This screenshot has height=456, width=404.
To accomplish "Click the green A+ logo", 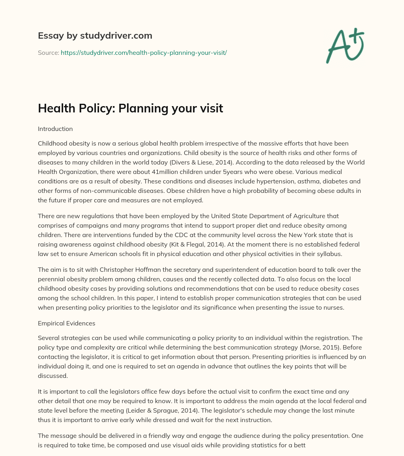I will click(x=345, y=45).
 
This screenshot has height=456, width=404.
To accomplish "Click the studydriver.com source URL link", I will click(x=144, y=52).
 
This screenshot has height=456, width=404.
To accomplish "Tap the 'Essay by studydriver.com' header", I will click(x=95, y=36).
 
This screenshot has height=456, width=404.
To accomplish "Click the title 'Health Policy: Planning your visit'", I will click(x=130, y=108).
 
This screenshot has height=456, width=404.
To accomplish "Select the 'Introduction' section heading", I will click(x=55, y=129).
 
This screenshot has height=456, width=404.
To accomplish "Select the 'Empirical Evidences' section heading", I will click(x=67, y=323).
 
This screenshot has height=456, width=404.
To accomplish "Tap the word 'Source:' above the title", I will click(x=48, y=52).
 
